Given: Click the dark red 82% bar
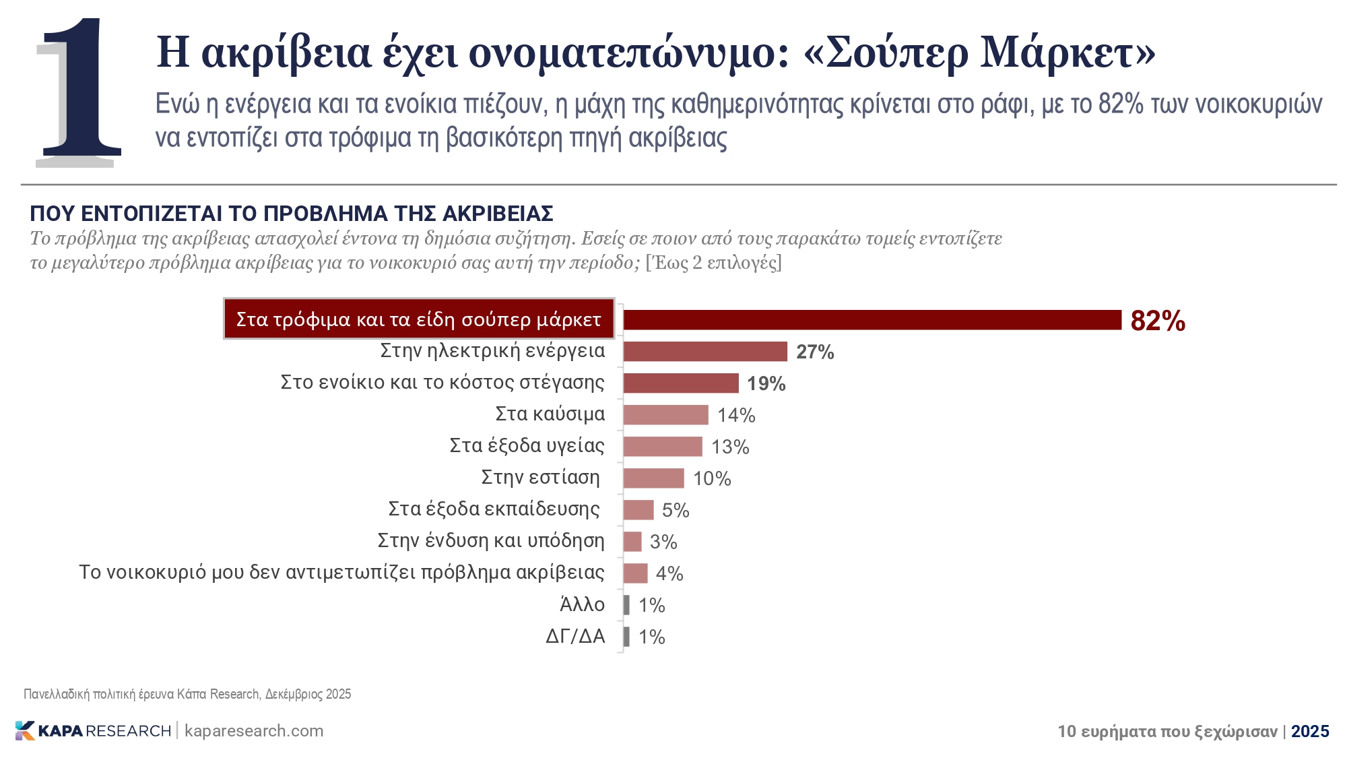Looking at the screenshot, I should (872, 320).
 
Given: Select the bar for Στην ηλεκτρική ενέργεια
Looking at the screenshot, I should (704, 352).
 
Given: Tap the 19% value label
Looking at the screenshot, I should (766, 383).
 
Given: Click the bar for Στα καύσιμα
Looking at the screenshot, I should (665, 415).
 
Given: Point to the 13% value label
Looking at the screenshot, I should (730, 447).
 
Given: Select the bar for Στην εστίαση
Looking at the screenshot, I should (653, 478).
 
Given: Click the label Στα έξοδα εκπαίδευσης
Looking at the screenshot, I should (494, 509).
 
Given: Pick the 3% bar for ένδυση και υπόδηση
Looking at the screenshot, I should (632, 542).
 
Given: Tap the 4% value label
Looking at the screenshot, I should (669, 573).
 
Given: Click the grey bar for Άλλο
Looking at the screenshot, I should (626, 605).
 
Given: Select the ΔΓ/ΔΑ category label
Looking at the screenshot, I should (575, 636).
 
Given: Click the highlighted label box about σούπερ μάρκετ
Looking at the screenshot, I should (418, 319).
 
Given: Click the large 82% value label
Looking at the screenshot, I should (1157, 321).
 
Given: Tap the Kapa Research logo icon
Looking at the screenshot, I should (24, 730).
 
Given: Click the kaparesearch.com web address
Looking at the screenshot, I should (254, 731).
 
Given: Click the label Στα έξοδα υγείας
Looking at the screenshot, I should (527, 445).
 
